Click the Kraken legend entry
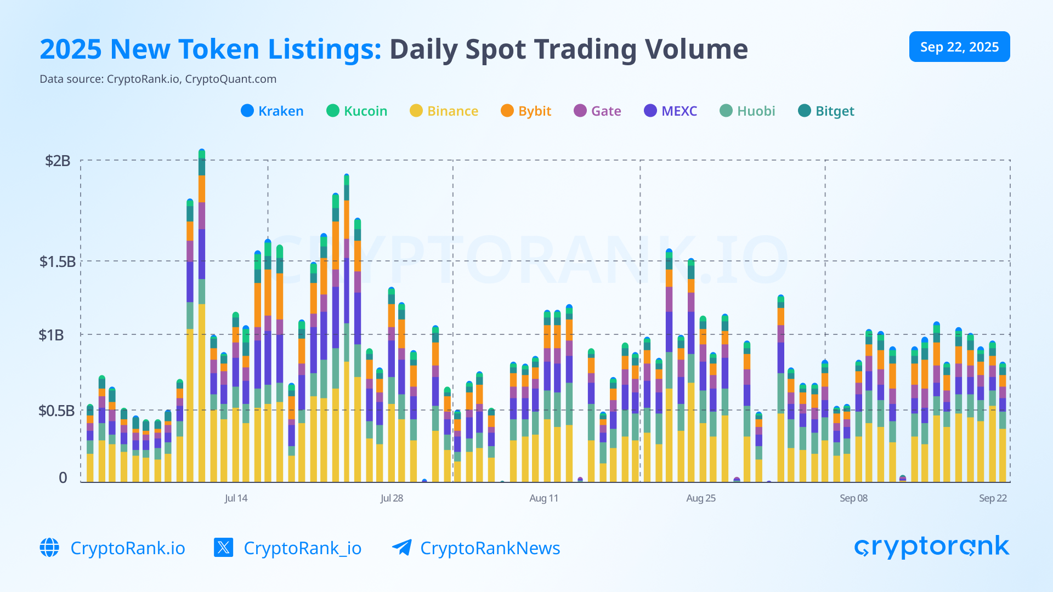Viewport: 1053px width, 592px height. (272, 111)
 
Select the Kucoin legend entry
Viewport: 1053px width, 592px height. (357, 111)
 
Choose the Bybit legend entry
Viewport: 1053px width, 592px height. (526, 111)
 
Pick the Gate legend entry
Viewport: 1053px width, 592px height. (597, 111)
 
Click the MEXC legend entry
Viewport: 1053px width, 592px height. (670, 111)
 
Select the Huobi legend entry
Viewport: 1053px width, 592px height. (748, 111)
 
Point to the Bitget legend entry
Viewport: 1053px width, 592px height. (826, 111)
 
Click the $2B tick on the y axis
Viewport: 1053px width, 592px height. (58, 161)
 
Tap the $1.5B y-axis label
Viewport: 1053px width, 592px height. (57, 261)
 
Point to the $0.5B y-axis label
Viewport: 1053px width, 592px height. (56, 411)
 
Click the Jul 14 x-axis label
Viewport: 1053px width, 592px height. (236, 498)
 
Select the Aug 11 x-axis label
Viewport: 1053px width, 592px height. (544, 498)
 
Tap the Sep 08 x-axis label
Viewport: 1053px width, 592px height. (853, 498)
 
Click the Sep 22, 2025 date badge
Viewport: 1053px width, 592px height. (959, 47)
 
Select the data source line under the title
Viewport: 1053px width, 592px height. (158, 79)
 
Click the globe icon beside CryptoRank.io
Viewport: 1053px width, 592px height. (49, 548)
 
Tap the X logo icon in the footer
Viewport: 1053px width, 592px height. (224, 548)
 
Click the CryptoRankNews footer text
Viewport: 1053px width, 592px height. (490, 548)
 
